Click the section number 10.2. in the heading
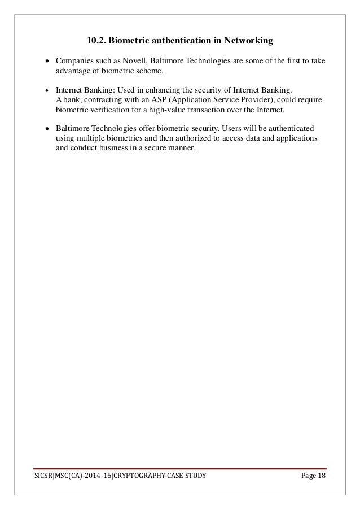[x=96, y=40]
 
